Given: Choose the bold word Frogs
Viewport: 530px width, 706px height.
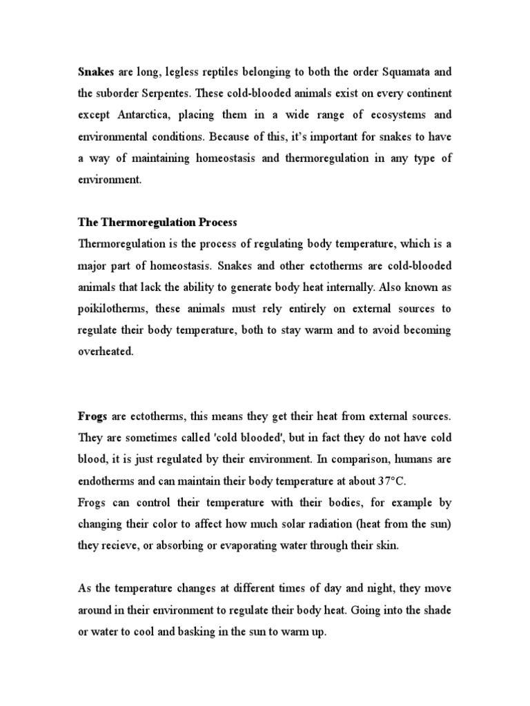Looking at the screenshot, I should [91, 417].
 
